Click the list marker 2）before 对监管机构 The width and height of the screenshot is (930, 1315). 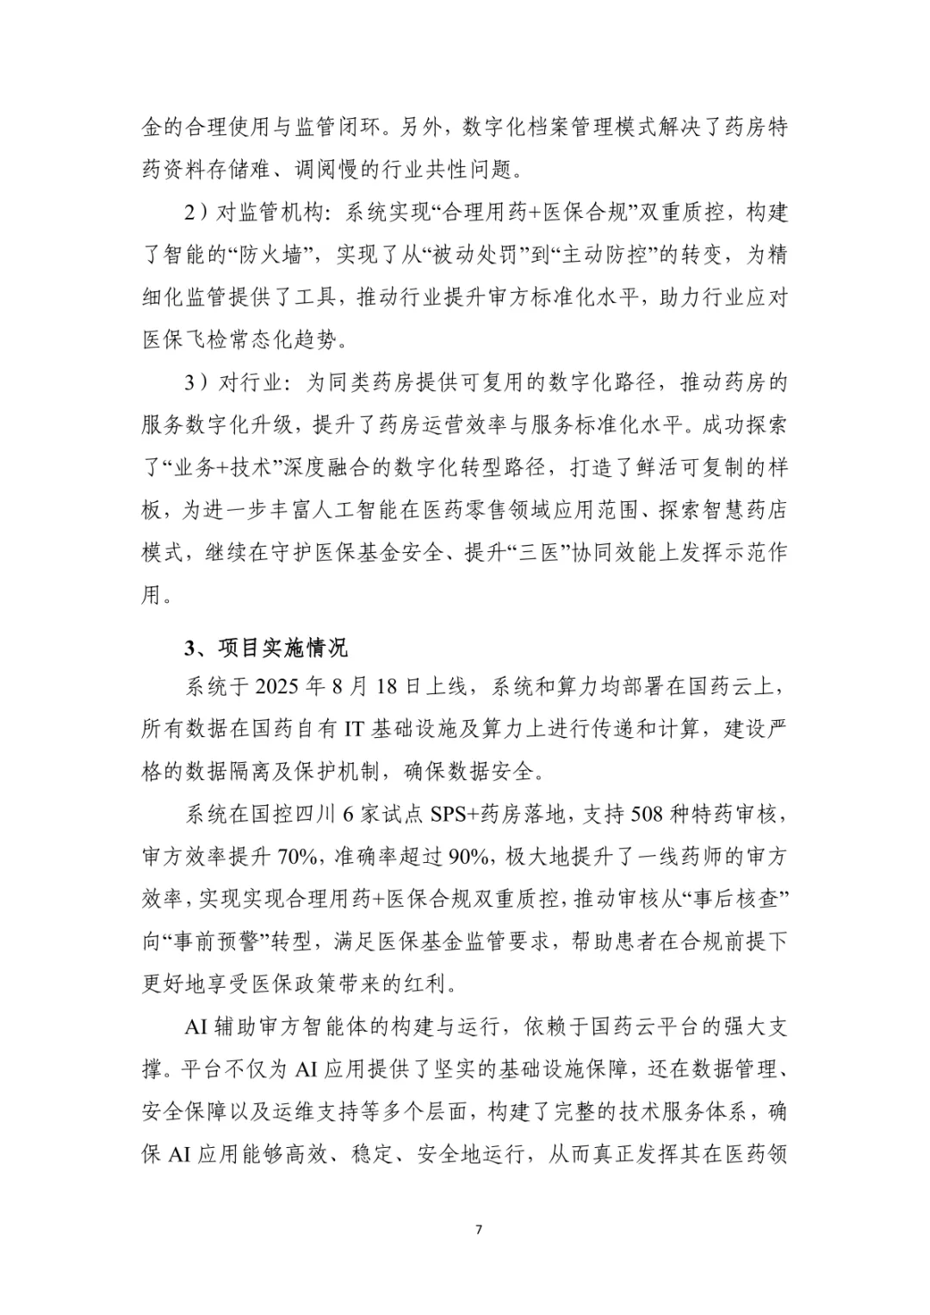pyautogui.click(x=197, y=213)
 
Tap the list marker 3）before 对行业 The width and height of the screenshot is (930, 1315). pyautogui.click(x=197, y=382)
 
